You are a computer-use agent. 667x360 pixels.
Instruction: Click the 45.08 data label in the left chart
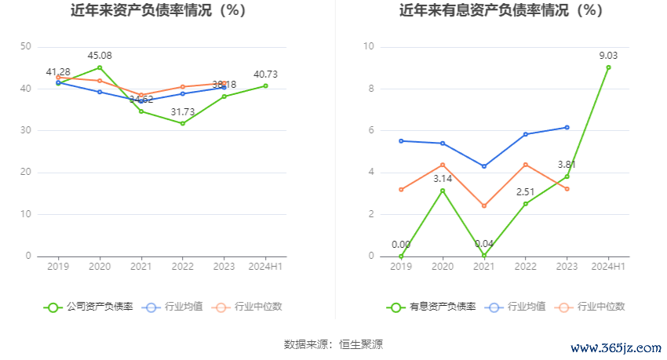[99, 56]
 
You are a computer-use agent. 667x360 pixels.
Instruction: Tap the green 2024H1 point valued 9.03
[608, 67]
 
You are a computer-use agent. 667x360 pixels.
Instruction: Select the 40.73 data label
[266, 75]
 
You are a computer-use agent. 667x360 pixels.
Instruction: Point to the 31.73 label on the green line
[183, 112]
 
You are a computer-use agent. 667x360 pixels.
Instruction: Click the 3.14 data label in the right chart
[443, 180]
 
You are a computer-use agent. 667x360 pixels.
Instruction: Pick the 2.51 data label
[526, 192]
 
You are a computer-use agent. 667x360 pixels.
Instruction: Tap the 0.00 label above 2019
[401, 245]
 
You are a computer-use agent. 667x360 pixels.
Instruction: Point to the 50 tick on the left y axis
[26, 47]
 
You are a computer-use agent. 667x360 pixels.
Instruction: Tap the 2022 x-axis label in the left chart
[183, 267]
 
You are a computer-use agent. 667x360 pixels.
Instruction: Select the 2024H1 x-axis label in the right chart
[608, 267]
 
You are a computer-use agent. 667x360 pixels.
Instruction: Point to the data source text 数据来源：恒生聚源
[333, 344]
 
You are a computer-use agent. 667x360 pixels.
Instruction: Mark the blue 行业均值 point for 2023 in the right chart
[567, 127]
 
